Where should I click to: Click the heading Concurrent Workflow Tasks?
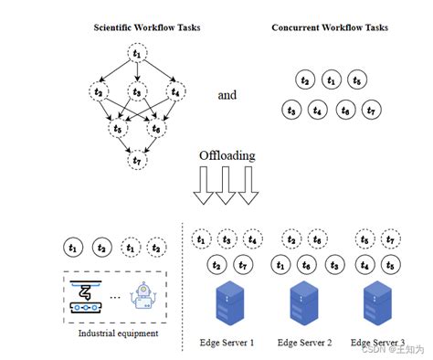[x=330, y=26]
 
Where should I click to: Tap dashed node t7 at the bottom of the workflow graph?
[x=136, y=161]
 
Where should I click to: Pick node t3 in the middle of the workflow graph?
[x=136, y=91]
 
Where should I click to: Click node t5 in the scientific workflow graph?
[x=117, y=129]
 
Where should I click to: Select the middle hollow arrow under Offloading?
[x=228, y=190]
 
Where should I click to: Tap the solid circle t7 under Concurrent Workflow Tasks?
[x=370, y=111]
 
